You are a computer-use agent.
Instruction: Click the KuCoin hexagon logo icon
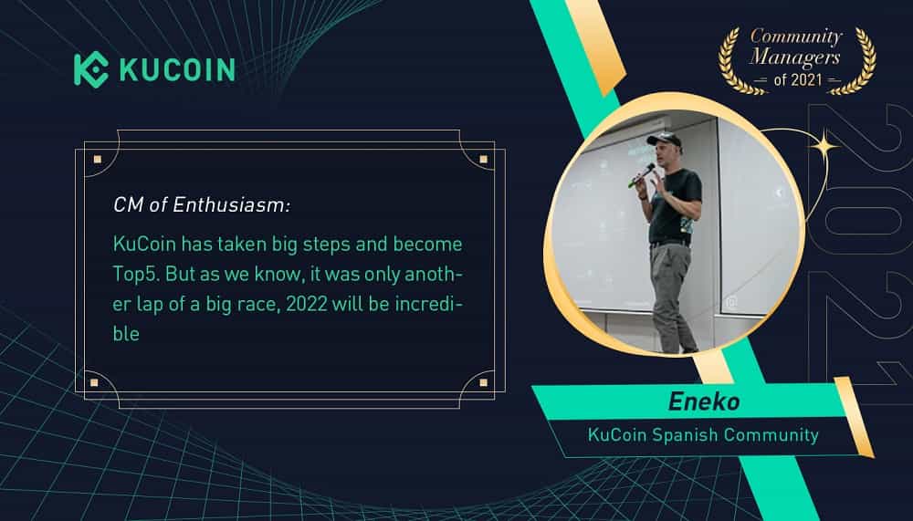[x=90, y=70]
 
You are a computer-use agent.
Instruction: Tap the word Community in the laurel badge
[x=796, y=36]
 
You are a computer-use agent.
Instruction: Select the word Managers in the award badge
[x=795, y=57]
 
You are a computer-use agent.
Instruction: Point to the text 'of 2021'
[x=798, y=79]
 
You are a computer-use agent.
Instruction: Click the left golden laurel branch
[x=737, y=61]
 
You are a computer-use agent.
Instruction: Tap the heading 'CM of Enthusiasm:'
[x=202, y=205]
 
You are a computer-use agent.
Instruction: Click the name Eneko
[x=704, y=401]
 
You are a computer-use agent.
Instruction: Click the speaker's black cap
[x=665, y=140]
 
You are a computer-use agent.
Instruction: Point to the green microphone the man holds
[x=641, y=175]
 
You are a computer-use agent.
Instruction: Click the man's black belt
[x=670, y=244]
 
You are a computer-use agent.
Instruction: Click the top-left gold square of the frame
[x=98, y=160]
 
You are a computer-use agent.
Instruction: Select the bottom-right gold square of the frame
[x=483, y=382]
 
